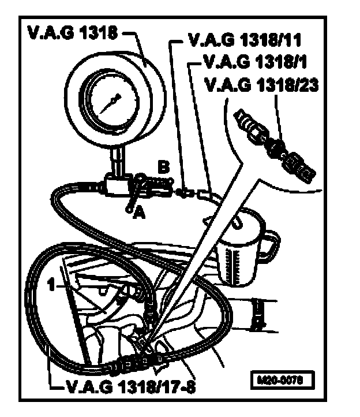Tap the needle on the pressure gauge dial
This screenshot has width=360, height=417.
point(109,103)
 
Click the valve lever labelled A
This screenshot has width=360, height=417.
point(135,194)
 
